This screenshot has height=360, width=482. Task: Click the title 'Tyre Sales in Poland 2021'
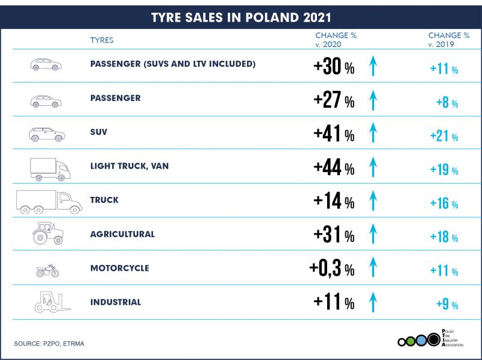pyautogui.click(x=241, y=16)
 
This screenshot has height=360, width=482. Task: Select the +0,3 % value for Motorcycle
pyautogui.click(x=331, y=268)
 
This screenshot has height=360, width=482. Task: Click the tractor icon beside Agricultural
pyautogui.click(x=48, y=233)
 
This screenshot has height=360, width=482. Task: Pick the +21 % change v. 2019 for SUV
pyautogui.click(x=444, y=136)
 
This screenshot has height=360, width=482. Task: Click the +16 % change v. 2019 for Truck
pyautogui.click(x=444, y=204)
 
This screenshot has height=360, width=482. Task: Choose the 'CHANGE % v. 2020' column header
pyautogui.click(x=336, y=40)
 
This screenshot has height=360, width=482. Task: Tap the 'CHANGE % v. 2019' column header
pyautogui.click(x=448, y=40)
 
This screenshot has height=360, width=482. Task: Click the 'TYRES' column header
pyautogui.click(x=102, y=40)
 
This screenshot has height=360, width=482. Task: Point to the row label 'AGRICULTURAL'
pyautogui.click(x=122, y=234)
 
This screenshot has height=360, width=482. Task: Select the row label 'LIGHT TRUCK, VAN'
pyautogui.click(x=129, y=166)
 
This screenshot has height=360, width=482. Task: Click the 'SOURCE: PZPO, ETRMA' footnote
pyautogui.click(x=50, y=343)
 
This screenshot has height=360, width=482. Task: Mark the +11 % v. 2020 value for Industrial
pyautogui.click(x=334, y=303)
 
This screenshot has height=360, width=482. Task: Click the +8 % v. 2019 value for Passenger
pyautogui.click(x=447, y=102)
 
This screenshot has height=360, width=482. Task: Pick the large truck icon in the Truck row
pyautogui.click(x=49, y=202)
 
